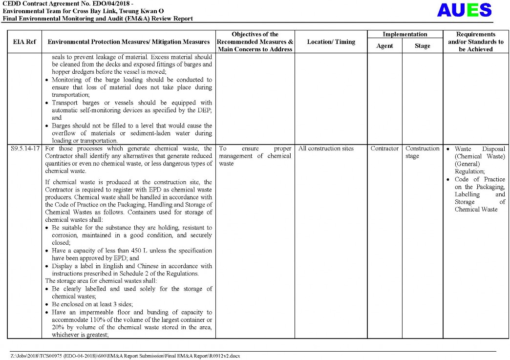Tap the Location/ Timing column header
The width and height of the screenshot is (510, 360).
click(x=331, y=42)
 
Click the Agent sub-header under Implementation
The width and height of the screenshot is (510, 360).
click(x=384, y=46)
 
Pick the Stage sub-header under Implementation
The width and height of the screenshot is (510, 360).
click(x=422, y=46)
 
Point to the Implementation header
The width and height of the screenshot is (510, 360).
click(x=404, y=34)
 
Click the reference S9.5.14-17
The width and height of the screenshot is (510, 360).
click(x=25, y=148)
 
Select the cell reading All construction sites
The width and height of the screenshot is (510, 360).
click(x=326, y=148)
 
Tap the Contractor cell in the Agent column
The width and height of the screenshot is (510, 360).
click(x=384, y=148)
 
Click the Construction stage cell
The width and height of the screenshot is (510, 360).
click(x=422, y=152)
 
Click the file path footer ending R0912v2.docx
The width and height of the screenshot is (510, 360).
click(x=125, y=356)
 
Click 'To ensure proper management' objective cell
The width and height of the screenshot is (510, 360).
click(x=255, y=156)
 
